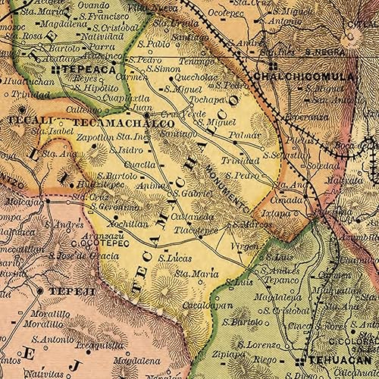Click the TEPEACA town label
(x=90, y=68)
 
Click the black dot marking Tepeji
(x=40, y=290)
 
